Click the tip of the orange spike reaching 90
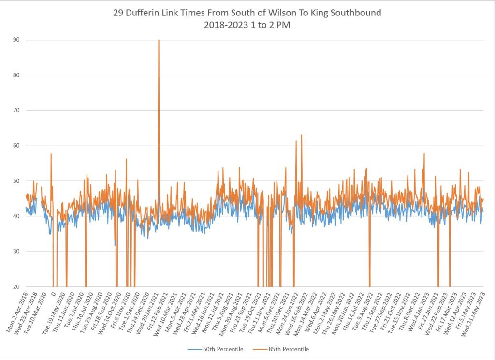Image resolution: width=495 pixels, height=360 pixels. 159,40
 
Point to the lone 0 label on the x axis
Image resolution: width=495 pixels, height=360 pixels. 53,293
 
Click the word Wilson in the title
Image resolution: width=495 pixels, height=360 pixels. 265,13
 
